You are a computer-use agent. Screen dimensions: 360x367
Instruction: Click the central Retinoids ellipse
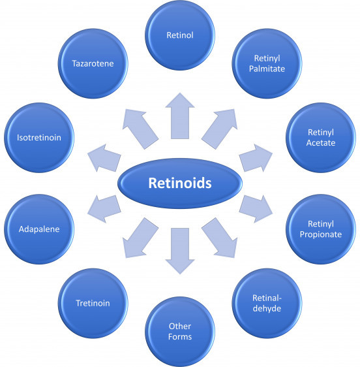pos(180,183)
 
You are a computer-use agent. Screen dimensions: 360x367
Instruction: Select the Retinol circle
pos(180,35)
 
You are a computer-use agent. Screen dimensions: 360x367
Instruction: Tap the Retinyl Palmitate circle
pos(267,63)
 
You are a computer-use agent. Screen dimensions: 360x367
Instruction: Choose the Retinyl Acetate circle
pos(321,137)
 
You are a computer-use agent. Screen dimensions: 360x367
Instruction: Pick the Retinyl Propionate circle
pos(321,229)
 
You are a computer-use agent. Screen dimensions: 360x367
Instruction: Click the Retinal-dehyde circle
pos(267,303)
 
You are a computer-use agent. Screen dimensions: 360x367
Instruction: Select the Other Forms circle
pos(180,332)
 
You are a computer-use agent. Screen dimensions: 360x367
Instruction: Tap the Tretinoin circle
pos(93,303)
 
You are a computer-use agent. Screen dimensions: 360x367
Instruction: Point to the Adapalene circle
pos(39,229)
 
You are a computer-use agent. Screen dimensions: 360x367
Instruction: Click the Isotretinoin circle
pos(39,137)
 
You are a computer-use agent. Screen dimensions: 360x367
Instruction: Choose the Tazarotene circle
pos(93,63)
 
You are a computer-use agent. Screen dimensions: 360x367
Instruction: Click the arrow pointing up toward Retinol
pos(180,116)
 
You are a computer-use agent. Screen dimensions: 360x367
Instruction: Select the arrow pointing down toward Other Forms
pos(180,251)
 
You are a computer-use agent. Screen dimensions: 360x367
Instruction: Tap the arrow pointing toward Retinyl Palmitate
pos(220,129)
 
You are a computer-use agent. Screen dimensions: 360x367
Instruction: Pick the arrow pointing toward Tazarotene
pos(140,129)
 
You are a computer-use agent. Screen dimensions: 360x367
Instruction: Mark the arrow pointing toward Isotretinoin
pos(104,158)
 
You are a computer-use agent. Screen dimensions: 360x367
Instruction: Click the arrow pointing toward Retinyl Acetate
pos(256,158)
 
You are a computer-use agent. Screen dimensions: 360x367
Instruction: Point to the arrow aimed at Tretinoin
pos(140,238)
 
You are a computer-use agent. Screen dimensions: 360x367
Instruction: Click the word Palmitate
pos(267,69)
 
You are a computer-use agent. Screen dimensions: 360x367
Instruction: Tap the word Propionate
pos(321,234)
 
